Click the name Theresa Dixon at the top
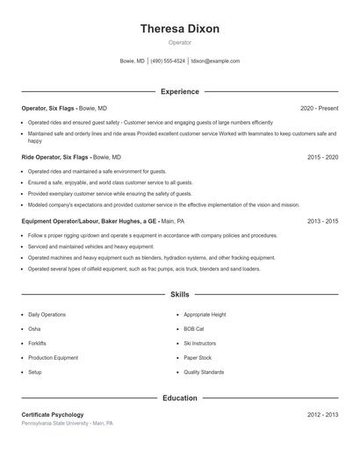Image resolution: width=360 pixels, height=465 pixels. (x=179, y=28)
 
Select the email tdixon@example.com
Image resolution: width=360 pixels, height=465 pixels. (x=215, y=61)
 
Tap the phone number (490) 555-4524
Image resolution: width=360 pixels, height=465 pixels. (x=168, y=61)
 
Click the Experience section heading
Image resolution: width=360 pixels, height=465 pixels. (x=179, y=91)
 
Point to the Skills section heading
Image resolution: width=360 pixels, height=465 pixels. (x=179, y=295)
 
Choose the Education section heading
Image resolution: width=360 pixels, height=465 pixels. (x=179, y=397)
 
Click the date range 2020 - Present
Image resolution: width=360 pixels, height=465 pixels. (x=319, y=108)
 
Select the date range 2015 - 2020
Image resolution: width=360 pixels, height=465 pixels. (x=322, y=156)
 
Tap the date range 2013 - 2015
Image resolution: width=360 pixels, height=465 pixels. (x=322, y=221)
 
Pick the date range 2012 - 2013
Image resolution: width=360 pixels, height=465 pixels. (x=322, y=414)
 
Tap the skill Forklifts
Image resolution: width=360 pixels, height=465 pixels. (x=37, y=343)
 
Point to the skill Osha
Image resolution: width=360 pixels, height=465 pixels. (x=34, y=328)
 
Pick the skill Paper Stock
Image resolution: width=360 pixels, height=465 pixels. (x=198, y=358)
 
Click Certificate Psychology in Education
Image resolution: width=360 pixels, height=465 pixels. (x=53, y=414)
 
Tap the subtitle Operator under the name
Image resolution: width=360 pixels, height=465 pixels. (x=179, y=42)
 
